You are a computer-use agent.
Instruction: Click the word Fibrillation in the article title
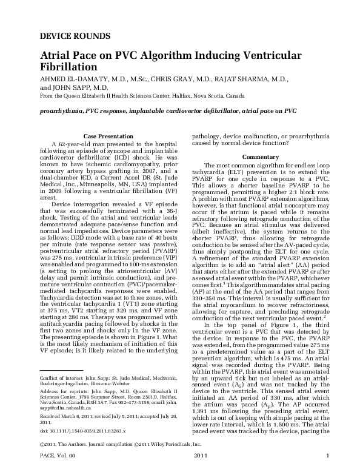[x=70, y=66]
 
